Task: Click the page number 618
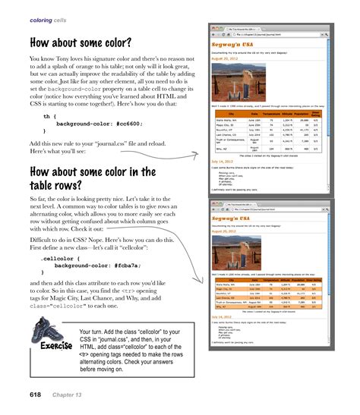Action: [x=36, y=394]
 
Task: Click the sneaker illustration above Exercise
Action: [x=52, y=332]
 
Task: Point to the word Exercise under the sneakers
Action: [x=52, y=348]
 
